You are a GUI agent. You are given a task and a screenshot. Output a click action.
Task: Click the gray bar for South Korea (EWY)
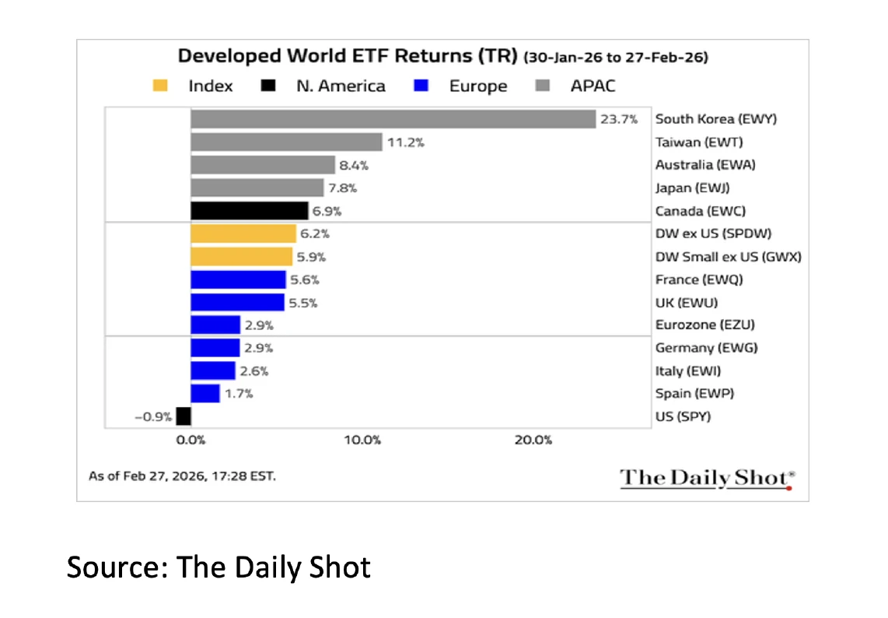[x=393, y=119]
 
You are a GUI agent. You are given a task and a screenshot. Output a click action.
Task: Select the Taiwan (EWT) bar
[x=286, y=142]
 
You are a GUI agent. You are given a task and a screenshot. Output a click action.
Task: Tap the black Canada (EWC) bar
[x=249, y=211]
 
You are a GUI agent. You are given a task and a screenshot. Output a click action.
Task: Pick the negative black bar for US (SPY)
[x=184, y=416]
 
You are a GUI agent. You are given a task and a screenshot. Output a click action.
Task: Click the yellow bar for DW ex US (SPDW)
[x=243, y=234]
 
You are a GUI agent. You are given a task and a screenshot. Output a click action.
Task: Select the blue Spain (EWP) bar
[x=205, y=394]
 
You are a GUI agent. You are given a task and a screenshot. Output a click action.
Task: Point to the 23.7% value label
[x=618, y=119]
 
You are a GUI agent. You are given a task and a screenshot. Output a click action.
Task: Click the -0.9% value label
[x=152, y=416]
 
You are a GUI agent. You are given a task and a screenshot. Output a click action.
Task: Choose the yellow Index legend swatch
[x=159, y=86]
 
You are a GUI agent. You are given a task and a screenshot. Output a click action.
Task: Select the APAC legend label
[x=593, y=86]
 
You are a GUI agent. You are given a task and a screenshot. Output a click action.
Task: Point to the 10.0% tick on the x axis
[x=362, y=440]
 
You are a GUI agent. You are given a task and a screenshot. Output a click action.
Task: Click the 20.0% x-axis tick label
[x=533, y=440]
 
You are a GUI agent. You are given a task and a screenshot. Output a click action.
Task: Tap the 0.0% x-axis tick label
[x=191, y=440]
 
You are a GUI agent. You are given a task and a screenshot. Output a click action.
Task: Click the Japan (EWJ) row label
[x=692, y=188]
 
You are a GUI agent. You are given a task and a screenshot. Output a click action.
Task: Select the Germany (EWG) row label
[x=706, y=348]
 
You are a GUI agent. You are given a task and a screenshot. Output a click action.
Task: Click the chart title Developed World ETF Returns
[x=348, y=57]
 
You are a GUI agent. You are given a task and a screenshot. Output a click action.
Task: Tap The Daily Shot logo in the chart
[x=706, y=478]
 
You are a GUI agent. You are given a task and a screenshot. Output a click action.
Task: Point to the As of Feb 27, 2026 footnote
[x=182, y=475]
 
